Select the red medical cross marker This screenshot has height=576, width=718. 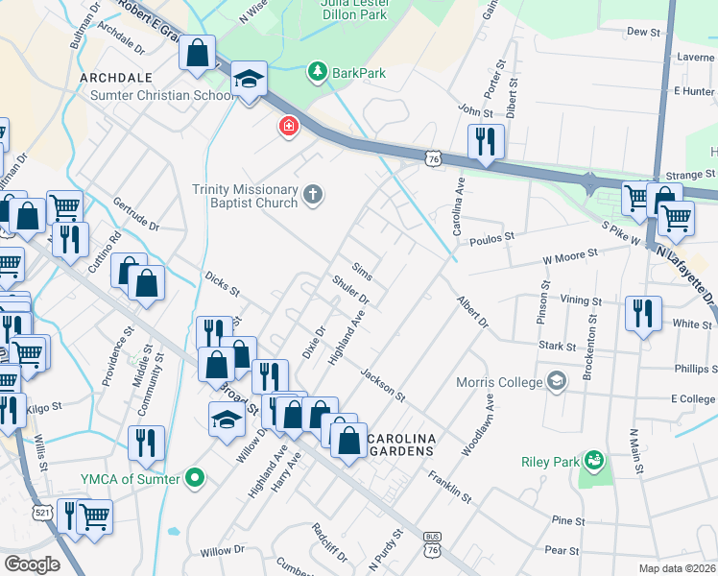pyautogui.click(x=288, y=127)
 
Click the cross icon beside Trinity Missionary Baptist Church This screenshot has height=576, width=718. pyautogui.click(x=312, y=195)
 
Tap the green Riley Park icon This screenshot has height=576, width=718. pyautogui.click(x=594, y=462)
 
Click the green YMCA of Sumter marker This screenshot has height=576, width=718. pyautogui.click(x=196, y=477)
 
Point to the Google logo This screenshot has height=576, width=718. pyautogui.click(x=32, y=564)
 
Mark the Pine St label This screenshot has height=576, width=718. pyautogui.click(x=567, y=520)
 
